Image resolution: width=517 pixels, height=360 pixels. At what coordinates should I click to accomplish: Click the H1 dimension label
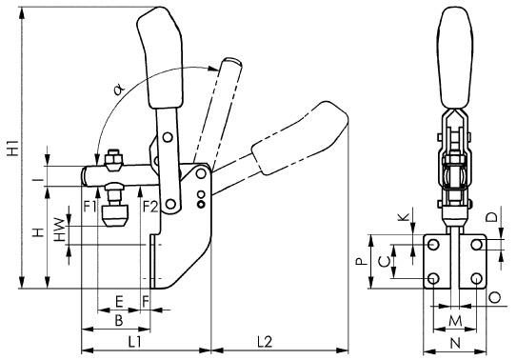click(x=13, y=148)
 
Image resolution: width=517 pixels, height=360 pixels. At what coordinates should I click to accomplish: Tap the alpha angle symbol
click(x=119, y=90)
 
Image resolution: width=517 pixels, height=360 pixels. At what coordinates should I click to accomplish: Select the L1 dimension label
click(x=135, y=342)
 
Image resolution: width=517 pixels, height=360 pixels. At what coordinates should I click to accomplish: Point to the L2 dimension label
click(x=265, y=342)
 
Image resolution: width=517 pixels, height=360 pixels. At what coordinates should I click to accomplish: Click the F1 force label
click(x=90, y=207)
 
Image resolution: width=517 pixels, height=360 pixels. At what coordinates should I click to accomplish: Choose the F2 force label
click(x=150, y=207)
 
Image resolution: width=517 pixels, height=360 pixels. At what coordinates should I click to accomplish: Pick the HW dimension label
click(x=60, y=230)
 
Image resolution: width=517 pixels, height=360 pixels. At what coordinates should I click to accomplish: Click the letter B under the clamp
click(x=119, y=320)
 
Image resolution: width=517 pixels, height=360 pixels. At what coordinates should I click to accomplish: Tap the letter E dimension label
click(x=119, y=302)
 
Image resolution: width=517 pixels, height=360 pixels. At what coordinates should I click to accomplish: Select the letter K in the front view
click(x=404, y=217)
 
